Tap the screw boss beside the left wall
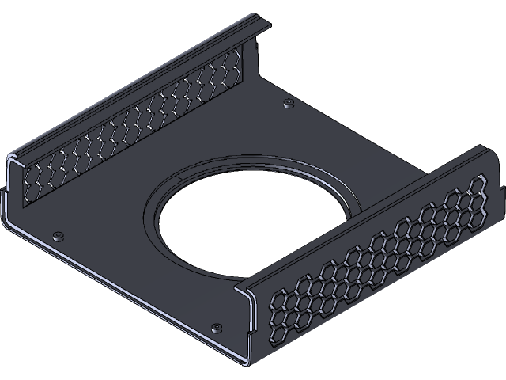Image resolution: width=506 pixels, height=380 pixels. [58, 235]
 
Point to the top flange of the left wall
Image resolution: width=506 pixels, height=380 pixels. [134, 87]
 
